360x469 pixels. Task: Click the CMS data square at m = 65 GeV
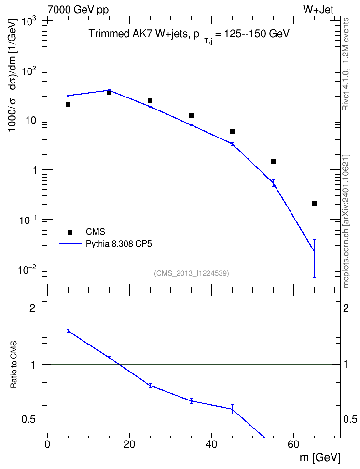[x=314, y=204]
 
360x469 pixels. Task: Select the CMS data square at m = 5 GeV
[x=68, y=105]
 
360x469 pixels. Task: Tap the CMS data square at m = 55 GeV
[x=273, y=161]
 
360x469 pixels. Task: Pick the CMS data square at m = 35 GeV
[x=191, y=115]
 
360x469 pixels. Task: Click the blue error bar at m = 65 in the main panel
[x=314, y=259]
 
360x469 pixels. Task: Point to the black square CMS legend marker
[x=70, y=232]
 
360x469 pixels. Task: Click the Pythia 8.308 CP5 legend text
[x=119, y=244]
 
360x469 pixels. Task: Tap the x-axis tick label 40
[x=211, y=444]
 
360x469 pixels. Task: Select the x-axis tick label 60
[x=293, y=444]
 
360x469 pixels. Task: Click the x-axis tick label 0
[x=47, y=444]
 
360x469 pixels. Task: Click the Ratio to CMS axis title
[x=14, y=365]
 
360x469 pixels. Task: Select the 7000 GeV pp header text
[x=78, y=10]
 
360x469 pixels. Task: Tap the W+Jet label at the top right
[x=318, y=10]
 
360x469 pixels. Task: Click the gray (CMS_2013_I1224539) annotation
[x=192, y=273]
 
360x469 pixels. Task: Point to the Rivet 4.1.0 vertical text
[x=346, y=64]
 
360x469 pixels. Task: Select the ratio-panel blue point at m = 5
[x=68, y=331]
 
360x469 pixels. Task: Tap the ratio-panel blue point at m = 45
[x=232, y=409]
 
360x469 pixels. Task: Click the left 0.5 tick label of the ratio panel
[x=28, y=420]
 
